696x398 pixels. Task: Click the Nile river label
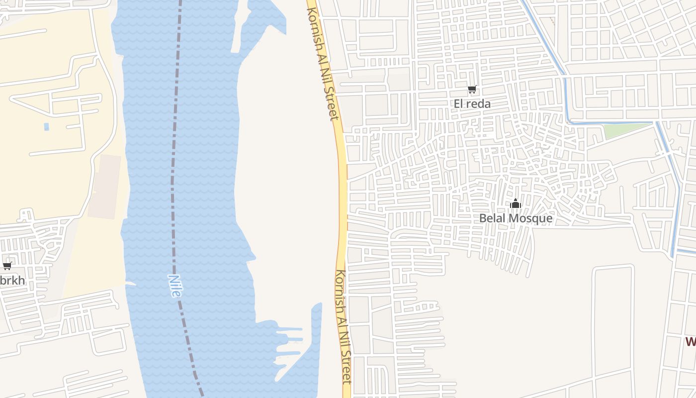pyautogui.click(x=174, y=286)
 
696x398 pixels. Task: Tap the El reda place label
pyautogui.click(x=472, y=103)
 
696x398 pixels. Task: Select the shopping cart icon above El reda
pyautogui.click(x=472, y=90)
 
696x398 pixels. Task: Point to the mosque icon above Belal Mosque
pyautogui.click(x=516, y=204)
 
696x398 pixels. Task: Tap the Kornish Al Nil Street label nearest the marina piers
pyautogui.click(x=343, y=326)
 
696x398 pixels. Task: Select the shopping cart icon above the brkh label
pyautogui.click(x=7, y=266)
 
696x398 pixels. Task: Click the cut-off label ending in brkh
pyautogui.click(x=12, y=281)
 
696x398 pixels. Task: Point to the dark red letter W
pyautogui.click(x=691, y=342)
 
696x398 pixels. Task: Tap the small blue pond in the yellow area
pyautogui.click(x=46, y=126)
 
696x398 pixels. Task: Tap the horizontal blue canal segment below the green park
pyautogui.click(x=611, y=122)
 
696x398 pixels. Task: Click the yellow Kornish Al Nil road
pyautogui.click(x=342, y=199)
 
